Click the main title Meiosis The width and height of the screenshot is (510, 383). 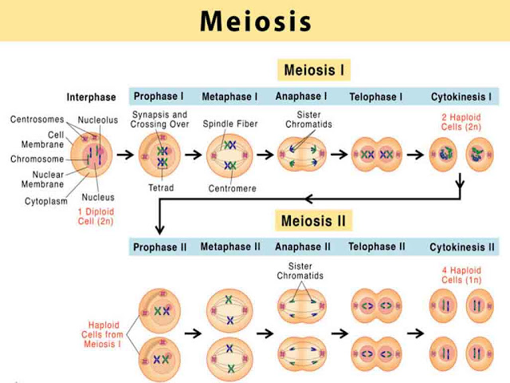point(255,22)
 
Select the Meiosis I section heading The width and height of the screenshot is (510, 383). point(313,70)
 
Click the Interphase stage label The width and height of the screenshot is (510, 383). point(92,97)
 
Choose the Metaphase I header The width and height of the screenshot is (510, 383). point(229,97)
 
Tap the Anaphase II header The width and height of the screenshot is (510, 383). point(304,247)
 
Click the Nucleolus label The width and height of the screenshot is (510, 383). point(99,120)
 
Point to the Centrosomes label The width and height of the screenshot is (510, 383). point(37,119)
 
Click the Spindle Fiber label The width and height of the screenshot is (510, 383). point(229,124)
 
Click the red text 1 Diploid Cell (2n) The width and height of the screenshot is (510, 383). point(93,215)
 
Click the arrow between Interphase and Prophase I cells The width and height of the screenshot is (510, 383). point(124,154)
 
